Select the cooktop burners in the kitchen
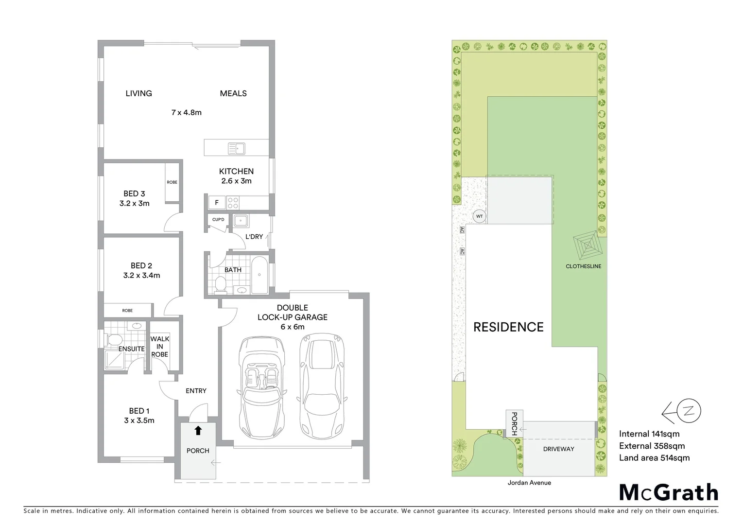[233, 202]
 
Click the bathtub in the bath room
[259, 275]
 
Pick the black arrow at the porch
[198, 430]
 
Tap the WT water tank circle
[479, 216]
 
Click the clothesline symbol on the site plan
[587, 246]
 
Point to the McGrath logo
[668, 492]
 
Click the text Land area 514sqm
[654, 457]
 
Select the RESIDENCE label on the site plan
[508, 327]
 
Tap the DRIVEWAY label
[558, 449]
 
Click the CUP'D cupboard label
[218, 220]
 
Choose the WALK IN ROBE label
[159, 347]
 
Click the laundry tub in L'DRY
[241, 222]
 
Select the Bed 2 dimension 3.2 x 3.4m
[141, 275]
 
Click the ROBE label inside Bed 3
[172, 182]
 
